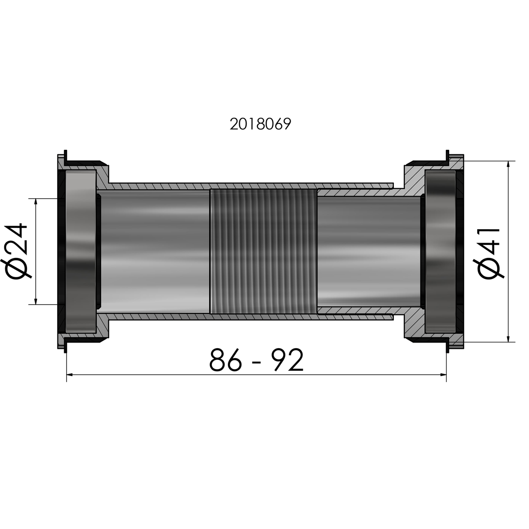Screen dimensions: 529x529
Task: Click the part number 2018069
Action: (260, 125)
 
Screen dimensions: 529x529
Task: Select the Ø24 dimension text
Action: (17, 251)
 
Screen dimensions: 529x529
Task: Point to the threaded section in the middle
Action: (263, 251)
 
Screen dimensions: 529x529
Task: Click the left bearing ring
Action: (80, 251)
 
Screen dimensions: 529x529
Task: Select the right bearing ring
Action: (441, 251)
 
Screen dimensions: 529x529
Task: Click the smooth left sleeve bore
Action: (155, 251)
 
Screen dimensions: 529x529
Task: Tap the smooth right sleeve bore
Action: (368, 251)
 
